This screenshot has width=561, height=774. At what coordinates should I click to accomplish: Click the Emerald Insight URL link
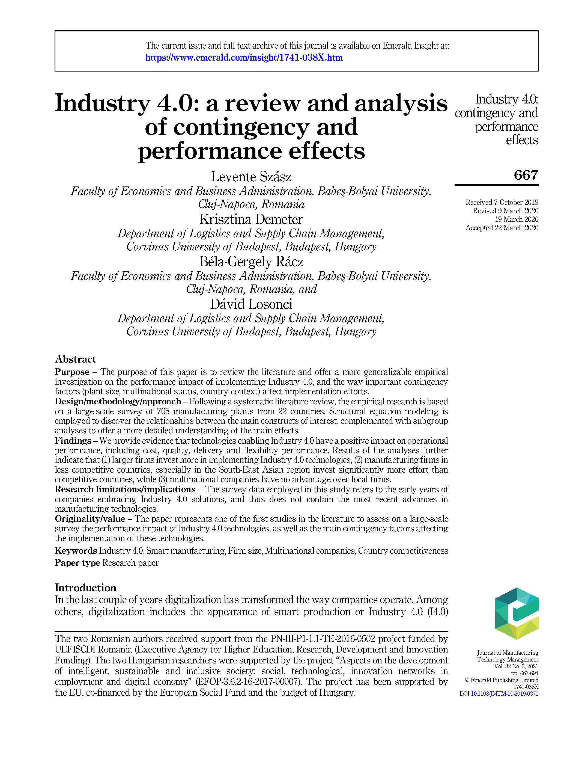pyautogui.click(x=244, y=58)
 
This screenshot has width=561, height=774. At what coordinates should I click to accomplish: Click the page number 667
pyautogui.click(x=526, y=175)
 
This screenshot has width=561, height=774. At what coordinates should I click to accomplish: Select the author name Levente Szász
pyautogui.click(x=251, y=177)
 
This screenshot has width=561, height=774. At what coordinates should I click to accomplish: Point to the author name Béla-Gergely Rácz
pyautogui.click(x=251, y=262)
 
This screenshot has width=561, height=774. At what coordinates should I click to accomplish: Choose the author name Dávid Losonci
pyautogui.click(x=251, y=304)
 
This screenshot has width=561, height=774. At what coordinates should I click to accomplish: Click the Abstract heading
pyautogui.click(x=75, y=359)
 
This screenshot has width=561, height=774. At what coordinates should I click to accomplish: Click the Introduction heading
pyautogui.click(x=86, y=587)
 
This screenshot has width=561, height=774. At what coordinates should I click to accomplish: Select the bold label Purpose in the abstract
pyautogui.click(x=72, y=372)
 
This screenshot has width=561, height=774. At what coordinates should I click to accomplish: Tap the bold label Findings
pyautogui.click(x=73, y=441)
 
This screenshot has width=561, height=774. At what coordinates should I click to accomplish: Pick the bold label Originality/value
pyautogui.click(x=90, y=519)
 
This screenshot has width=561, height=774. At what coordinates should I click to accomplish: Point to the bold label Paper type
pyautogui.click(x=77, y=562)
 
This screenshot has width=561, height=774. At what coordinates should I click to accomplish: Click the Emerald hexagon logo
pyautogui.click(x=516, y=613)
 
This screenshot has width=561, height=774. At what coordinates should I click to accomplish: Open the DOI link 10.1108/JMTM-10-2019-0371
pyautogui.click(x=505, y=693)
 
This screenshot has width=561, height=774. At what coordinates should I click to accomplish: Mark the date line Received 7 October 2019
pyautogui.click(x=502, y=202)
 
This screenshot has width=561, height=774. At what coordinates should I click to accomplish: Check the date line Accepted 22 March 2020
pyautogui.click(x=502, y=228)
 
